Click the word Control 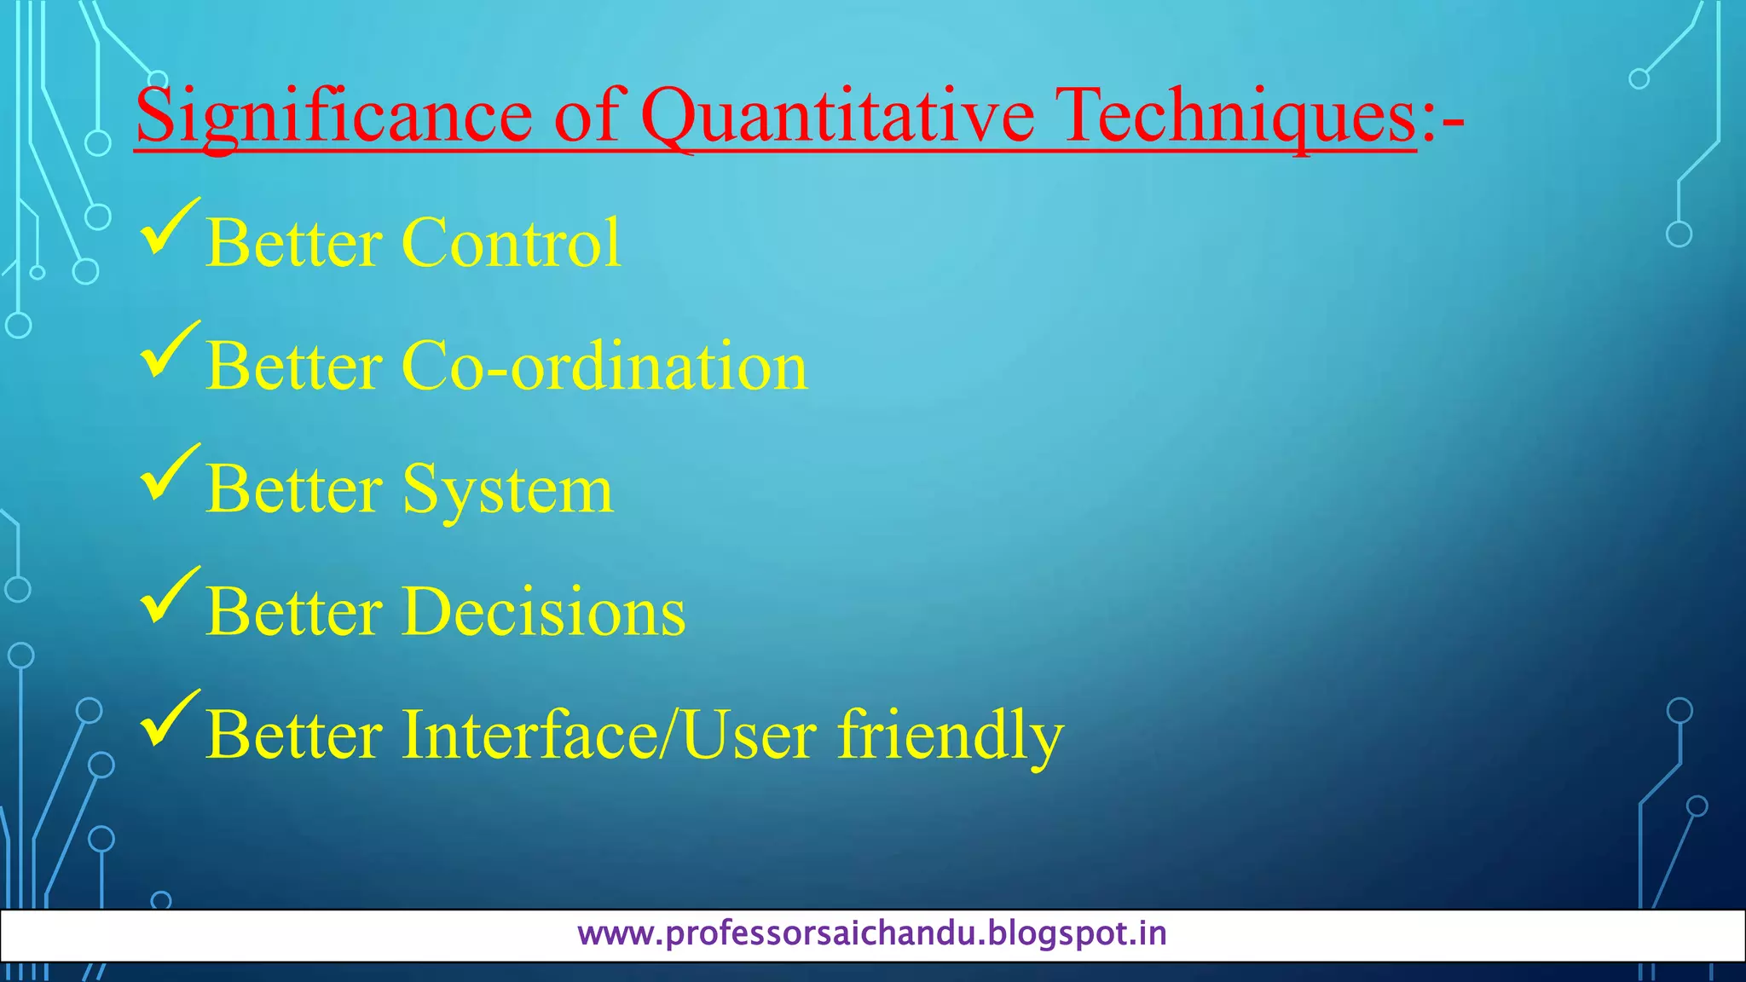pyautogui.click(x=511, y=243)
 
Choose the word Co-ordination pyautogui.click(x=604, y=366)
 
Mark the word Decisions pyautogui.click(x=543, y=612)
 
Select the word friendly pyautogui.click(x=951, y=736)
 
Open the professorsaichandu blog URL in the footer pyautogui.click(x=871, y=934)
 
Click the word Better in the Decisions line pyautogui.click(x=293, y=612)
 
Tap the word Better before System pyautogui.click(x=293, y=489)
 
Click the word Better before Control pyautogui.click(x=293, y=243)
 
